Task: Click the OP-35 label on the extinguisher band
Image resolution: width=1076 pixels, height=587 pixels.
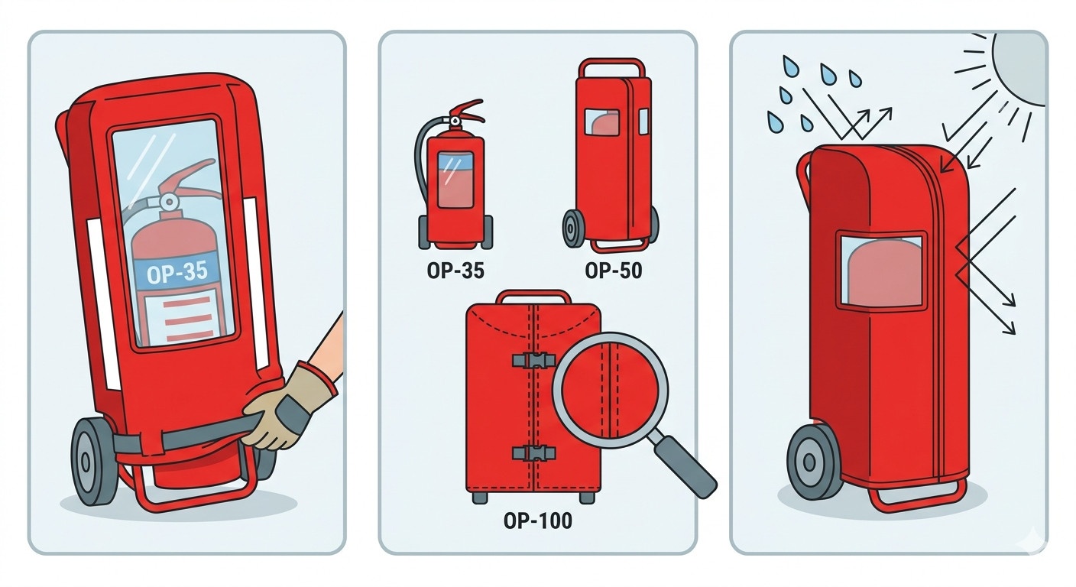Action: click(x=177, y=273)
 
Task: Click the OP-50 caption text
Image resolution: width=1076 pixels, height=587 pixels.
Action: click(x=614, y=271)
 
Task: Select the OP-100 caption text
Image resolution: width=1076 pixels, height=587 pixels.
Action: click(x=538, y=521)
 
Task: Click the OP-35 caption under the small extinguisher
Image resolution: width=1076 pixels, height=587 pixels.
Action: click(x=455, y=271)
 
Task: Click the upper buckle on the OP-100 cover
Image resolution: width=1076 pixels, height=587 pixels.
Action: click(x=534, y=361)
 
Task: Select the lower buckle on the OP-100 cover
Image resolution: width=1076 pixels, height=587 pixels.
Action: click(x=534, y=453)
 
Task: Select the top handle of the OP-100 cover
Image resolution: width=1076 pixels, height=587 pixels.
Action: click(x=533, y=296)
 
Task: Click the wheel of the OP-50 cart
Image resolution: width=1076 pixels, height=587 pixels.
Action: click(x=574, y=229)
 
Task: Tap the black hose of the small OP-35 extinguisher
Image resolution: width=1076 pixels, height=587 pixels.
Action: click(x=421, y=157)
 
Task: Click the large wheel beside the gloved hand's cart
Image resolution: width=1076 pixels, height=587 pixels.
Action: click(x=94, y=462)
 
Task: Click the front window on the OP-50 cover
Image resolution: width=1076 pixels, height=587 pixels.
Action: click(x=602, y=122)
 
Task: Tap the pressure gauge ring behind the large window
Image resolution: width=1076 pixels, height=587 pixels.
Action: click(x=169, y=203)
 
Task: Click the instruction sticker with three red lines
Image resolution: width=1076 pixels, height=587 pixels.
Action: click(x=186, y=317)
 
